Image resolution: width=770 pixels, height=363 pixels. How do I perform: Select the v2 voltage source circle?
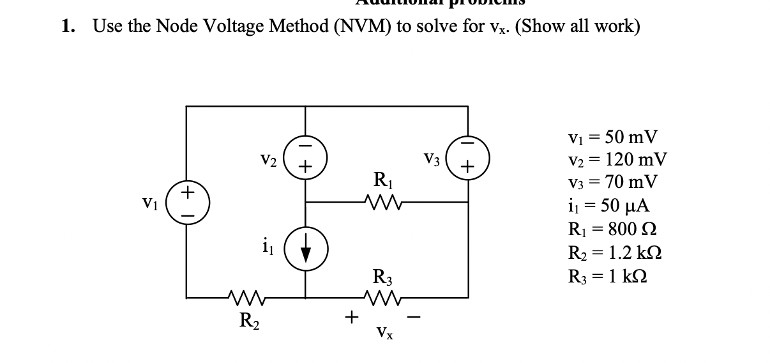point(305,158)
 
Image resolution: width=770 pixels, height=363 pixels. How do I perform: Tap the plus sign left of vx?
point(349,315)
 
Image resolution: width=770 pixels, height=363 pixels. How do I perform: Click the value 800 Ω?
point(632,228)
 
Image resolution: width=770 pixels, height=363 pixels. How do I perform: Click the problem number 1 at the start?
point(67,27)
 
